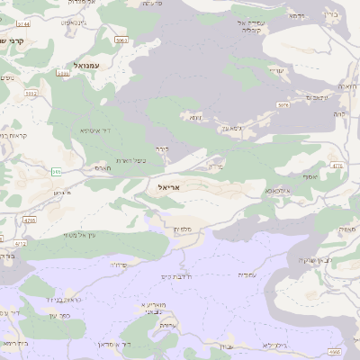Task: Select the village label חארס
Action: (x=102, y=166)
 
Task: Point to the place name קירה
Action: (x=161, y=148)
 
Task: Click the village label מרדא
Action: (x=214, y=166)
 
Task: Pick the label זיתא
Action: (x=194, y=117)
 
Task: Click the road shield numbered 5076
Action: (x=283, y=105)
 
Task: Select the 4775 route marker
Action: (x=337, y=166)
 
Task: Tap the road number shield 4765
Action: (x=30, y=219)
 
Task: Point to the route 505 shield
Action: (x=57, y=171)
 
